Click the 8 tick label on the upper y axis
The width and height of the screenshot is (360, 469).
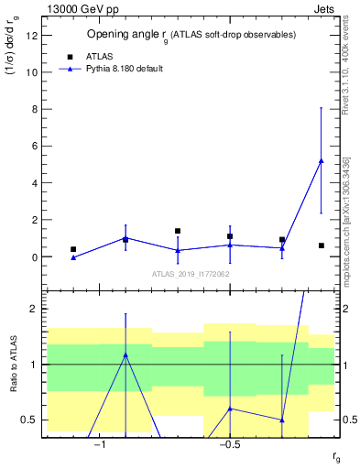[34, 109]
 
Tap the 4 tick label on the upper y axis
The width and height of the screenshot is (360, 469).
[34, 183]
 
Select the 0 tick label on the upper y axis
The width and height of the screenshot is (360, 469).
[34, 257]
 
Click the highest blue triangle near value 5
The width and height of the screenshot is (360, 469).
[321, 160]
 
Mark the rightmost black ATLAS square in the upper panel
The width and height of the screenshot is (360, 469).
[321, 245]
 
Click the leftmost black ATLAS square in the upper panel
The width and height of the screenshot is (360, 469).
[73, 249]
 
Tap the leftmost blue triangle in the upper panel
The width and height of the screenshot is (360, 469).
[73, 257]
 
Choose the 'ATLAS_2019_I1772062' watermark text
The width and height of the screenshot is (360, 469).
[191, 274]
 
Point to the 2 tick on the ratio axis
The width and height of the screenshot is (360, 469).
[34, 310]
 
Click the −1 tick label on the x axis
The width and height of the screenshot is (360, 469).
[100, 444]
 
